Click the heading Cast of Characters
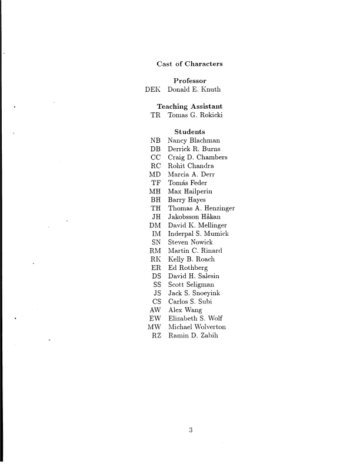click(189, 63)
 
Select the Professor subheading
click(189, 81)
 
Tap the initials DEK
click(152, 90)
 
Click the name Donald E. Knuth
click(194, 90)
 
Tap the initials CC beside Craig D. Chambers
click(156, 158)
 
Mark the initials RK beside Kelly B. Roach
click(156, 259)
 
